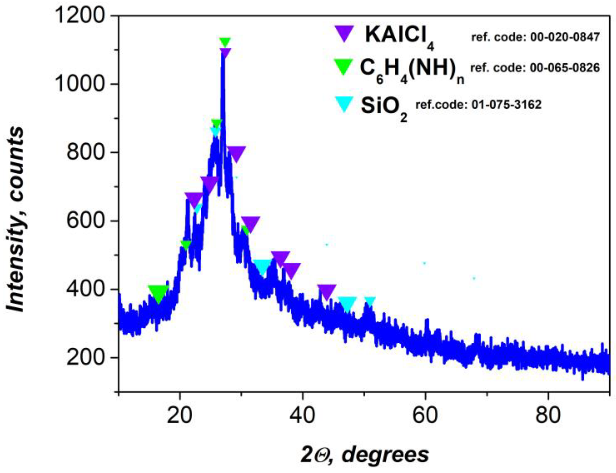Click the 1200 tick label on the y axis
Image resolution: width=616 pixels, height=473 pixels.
pos(80,16)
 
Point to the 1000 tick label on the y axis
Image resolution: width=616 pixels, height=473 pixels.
pos(80,84)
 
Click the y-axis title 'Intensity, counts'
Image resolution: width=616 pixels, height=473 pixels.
pos(16,220)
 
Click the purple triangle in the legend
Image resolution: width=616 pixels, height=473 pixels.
pos(344,33)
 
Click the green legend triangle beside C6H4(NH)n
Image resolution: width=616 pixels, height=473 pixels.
pos(343,66)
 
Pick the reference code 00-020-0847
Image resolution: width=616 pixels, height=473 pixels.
pos(535,37)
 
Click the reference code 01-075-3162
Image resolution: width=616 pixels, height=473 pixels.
pos(478,105)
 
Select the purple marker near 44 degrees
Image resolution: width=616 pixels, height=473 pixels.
pos(327,292)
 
